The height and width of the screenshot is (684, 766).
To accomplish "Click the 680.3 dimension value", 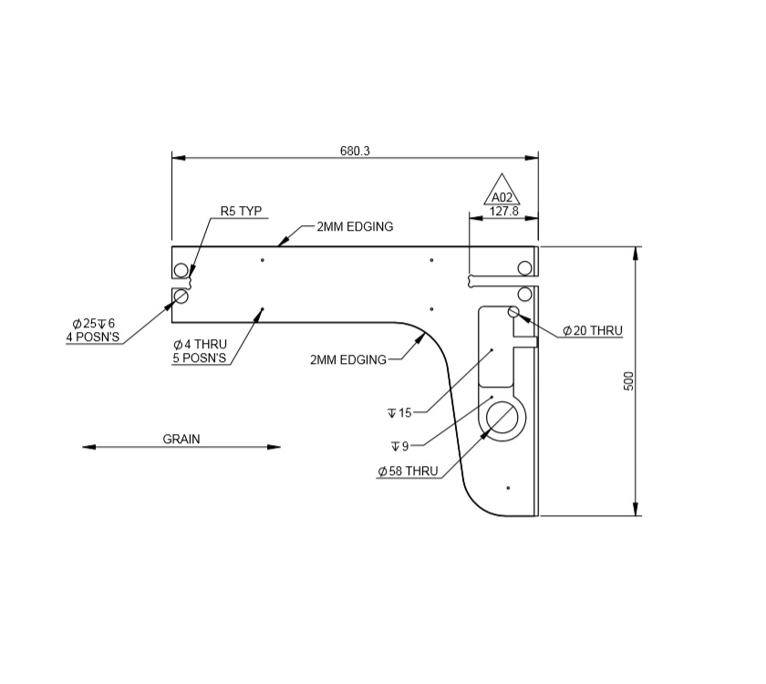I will coord(355,150).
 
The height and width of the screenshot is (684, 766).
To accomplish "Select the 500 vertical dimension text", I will coord(628,380).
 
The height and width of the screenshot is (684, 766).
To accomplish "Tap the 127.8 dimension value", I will coord(503,211).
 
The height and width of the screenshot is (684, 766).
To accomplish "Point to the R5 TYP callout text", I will coord(241,211).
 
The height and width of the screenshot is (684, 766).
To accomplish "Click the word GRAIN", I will coord(181,439).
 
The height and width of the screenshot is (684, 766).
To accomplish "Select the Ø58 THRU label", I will coord(408,472).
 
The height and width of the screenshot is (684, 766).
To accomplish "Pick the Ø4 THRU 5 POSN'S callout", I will coord(200,351).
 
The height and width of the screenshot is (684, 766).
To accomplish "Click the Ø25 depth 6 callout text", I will coord(94,330).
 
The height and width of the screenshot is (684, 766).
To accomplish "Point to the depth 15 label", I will coord(399,413).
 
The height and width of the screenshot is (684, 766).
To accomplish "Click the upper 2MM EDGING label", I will coord(355,226).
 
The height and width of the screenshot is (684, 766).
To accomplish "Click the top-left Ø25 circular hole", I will coord(181,270).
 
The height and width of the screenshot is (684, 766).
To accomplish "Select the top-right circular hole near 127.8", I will coord(524,267).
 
